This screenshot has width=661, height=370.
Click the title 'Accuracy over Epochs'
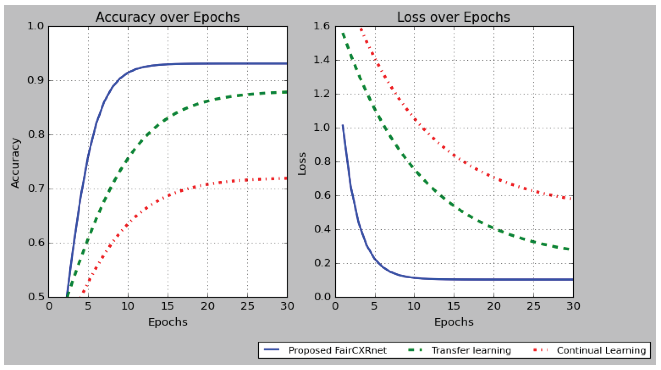click(168, 17)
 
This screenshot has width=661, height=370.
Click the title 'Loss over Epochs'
click(453, 17)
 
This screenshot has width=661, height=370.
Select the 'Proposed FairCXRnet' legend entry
click(337, 350)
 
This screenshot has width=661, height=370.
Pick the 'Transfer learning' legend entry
click(471, 350)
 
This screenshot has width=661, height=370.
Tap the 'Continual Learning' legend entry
click(601, 350)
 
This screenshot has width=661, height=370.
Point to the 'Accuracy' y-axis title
click(15, 163)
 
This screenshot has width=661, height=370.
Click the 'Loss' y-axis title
click(302, 164)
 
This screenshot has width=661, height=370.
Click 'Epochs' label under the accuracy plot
click(168, 322)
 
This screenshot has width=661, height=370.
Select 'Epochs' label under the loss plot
click(454, 322)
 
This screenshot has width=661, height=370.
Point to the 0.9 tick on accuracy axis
click(36, 80)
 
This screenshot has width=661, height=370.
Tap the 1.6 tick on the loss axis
click(321, 26)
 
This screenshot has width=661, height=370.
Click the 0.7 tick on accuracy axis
click(36, 189)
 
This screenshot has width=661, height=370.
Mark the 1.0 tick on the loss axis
click(321, 128)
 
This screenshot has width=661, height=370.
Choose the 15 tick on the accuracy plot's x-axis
click(168, 306)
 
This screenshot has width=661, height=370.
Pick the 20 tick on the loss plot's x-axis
click(494, 306)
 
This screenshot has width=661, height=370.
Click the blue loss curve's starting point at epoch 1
click(343, 125)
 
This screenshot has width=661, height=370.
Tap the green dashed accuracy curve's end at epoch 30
click(287, 92)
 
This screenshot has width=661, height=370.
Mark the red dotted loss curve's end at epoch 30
click(572, 199)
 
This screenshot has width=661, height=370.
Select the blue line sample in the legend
click(271, 350)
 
